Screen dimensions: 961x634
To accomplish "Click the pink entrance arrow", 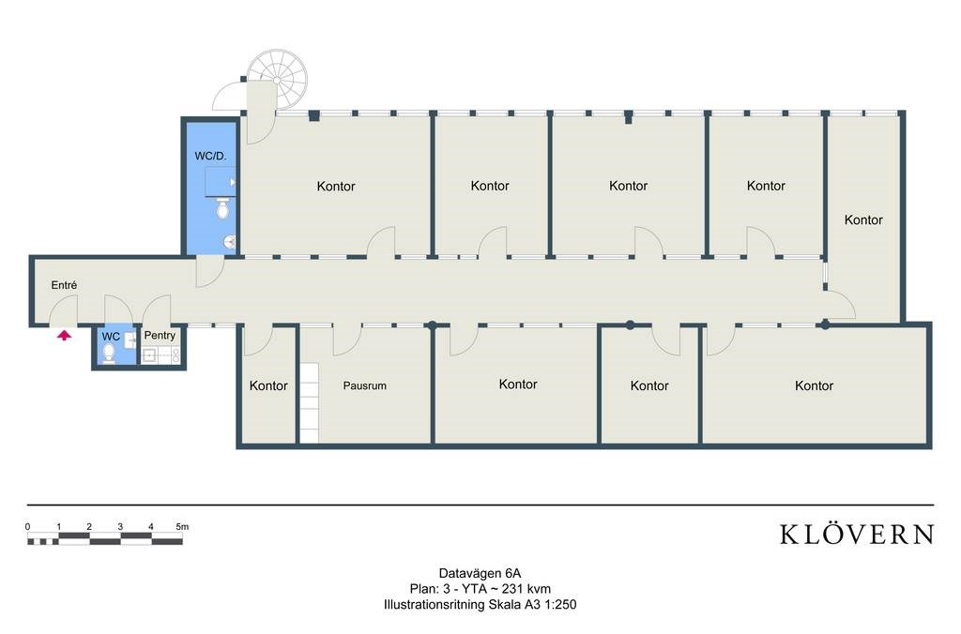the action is (65, 335).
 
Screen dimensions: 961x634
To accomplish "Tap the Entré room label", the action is (65, 285).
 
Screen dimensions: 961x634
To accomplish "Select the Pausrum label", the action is (365, 385).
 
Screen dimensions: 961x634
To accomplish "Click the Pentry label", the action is (160, 336).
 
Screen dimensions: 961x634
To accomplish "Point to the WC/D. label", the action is (210, 157).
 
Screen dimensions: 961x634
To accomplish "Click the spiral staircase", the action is (277, 81).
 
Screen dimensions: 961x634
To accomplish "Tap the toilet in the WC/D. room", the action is (223, 208).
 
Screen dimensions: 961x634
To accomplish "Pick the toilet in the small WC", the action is (109, 354).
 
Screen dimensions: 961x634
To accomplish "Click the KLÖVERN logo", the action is (857, 535).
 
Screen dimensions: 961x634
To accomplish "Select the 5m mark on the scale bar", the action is (182, 527).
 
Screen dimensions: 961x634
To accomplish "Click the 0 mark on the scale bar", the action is (27, 527).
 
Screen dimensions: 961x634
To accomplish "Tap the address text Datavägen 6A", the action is (480, 574).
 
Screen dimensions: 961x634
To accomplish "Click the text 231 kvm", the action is (526, 589).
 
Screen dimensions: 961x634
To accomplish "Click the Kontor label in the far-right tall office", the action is (863, 219).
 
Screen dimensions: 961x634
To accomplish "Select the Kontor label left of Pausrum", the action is (268, 385).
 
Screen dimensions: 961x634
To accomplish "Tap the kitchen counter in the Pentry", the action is (161, 355).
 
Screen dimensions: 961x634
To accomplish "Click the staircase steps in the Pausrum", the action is (309, 402).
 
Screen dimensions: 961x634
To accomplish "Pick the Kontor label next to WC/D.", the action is (336, 187).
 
